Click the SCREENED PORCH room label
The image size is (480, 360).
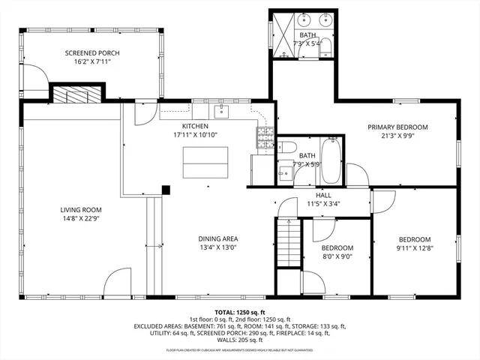point(92,53)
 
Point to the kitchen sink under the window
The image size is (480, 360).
point(222,112)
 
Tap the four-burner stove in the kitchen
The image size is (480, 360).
point(265,136)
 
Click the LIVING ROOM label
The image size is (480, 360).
point(81,210)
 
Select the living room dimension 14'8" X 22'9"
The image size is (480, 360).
point(81,219)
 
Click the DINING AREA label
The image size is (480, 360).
point(218,238)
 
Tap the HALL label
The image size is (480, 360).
point(323,195)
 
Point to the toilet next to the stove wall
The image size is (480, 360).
point(288,148)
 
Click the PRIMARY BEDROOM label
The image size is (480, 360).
point(397,127)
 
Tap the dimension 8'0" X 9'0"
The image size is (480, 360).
point(337,256)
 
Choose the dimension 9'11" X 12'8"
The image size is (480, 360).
point(414,247)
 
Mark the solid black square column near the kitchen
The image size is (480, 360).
point(166,190)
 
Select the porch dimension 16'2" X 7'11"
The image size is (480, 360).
point(92,62)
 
